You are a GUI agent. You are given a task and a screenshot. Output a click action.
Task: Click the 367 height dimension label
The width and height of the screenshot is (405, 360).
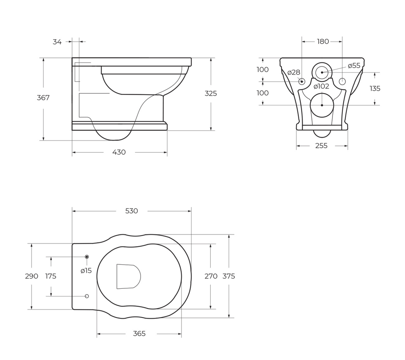click(x=43, y=98)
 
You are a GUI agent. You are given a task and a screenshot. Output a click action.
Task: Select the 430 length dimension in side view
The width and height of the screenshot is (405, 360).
click(x=119, y=152)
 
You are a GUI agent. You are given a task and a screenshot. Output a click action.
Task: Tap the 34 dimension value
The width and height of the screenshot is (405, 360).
click(x=57, y=42)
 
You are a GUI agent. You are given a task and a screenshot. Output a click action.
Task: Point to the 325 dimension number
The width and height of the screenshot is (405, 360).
click(x=211, y=94)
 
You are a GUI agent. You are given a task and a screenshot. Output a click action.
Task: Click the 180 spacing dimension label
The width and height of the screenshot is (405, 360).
click(x=323, y=41)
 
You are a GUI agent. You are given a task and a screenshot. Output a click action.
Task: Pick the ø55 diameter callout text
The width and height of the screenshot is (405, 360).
click(x=354, y=66)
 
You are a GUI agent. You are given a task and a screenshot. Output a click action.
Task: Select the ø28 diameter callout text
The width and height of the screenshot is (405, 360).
click(x=294, y=72)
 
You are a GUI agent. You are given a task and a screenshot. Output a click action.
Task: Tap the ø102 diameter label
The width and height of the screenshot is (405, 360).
click(x=322, y=86)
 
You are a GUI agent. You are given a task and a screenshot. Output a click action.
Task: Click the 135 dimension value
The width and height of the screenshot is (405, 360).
click(x=375, y=89)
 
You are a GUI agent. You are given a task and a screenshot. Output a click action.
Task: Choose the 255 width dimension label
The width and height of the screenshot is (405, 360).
click(x=321, y=146)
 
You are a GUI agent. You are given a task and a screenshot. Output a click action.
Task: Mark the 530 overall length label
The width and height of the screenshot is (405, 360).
click(x=132, y=211)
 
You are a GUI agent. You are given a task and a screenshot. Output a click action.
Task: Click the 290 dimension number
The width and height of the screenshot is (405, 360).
click(x=32, y=276)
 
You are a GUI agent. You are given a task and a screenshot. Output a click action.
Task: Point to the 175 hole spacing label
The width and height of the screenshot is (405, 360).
click(x=51, y=276)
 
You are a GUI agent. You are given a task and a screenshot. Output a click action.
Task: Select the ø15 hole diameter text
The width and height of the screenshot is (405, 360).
click(x=86, y=271)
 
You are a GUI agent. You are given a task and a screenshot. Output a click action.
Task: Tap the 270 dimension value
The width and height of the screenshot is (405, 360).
click(x=211, y=276)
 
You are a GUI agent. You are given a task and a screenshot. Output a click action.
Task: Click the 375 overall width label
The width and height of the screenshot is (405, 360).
click(x=229, y=276)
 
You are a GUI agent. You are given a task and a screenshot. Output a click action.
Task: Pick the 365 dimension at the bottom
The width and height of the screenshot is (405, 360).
click(x=139, y=334)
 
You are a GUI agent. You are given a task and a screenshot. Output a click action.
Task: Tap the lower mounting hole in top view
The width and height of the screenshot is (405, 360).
click(x=87, y=296)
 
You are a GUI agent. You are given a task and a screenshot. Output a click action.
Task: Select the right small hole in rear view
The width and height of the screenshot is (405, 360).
click(x=342, y=81)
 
